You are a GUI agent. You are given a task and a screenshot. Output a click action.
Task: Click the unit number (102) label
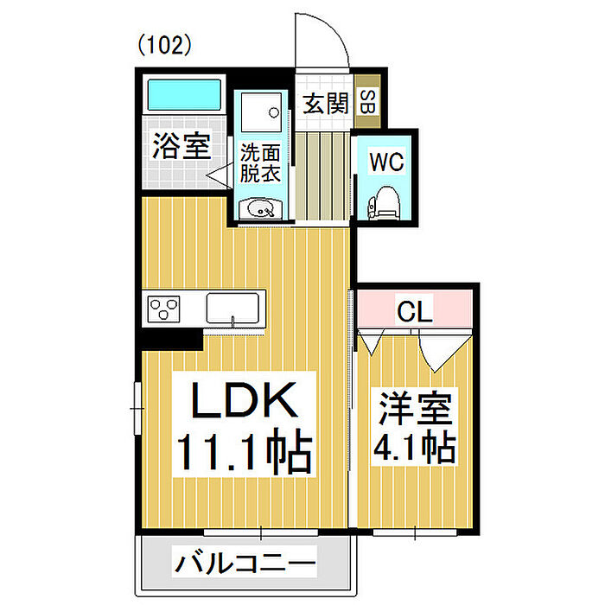[x=163, y=45]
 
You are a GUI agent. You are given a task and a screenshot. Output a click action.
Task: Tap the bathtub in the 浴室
[x=182, y=92]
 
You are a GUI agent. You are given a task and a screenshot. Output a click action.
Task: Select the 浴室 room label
[x=181, y=144]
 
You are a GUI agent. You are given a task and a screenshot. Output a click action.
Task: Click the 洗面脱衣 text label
[x=260, y=162]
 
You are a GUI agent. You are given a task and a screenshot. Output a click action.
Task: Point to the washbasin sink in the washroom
[x=260, y=208]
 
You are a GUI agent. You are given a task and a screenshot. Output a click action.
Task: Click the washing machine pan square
[x=262, y=111]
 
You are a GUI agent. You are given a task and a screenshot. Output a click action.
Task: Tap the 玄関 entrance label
[x=325, y=104]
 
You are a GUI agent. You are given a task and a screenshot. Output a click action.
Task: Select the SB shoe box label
[x=366, y=103]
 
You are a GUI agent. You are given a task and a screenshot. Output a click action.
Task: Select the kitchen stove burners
[x=164, y=308]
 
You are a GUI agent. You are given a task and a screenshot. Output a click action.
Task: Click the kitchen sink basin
[x=234, y=307]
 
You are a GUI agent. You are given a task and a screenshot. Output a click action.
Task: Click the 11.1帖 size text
[x=244, y=450]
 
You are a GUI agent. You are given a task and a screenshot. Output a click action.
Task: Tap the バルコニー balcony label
[x=245, y=567]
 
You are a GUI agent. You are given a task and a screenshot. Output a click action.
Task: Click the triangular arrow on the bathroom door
[x=216, y=174]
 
